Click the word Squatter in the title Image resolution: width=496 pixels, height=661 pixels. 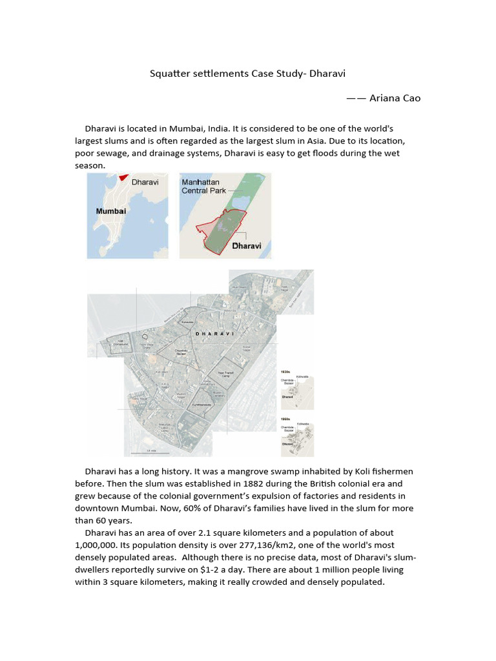tap(170, 73)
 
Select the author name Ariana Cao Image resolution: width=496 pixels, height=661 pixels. tap(395, 97)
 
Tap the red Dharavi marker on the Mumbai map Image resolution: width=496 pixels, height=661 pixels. tap(123, 178)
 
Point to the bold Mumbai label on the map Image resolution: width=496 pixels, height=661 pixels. tap(111, 211)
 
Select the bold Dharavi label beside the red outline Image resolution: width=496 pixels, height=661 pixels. tap(246, 246)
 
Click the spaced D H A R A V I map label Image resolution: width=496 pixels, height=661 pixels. tap(214, 334)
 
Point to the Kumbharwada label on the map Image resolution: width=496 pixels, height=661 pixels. tap(201, 405)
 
